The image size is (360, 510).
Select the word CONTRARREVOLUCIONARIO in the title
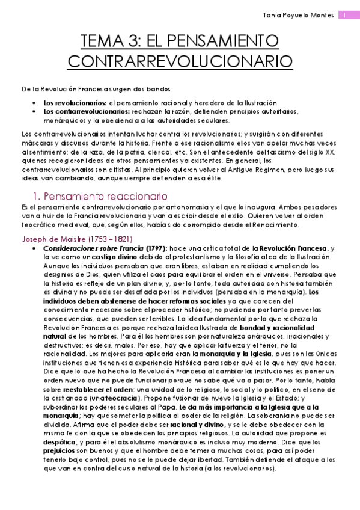tap(180, 61)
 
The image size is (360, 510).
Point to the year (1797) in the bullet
tap(158, 248)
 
